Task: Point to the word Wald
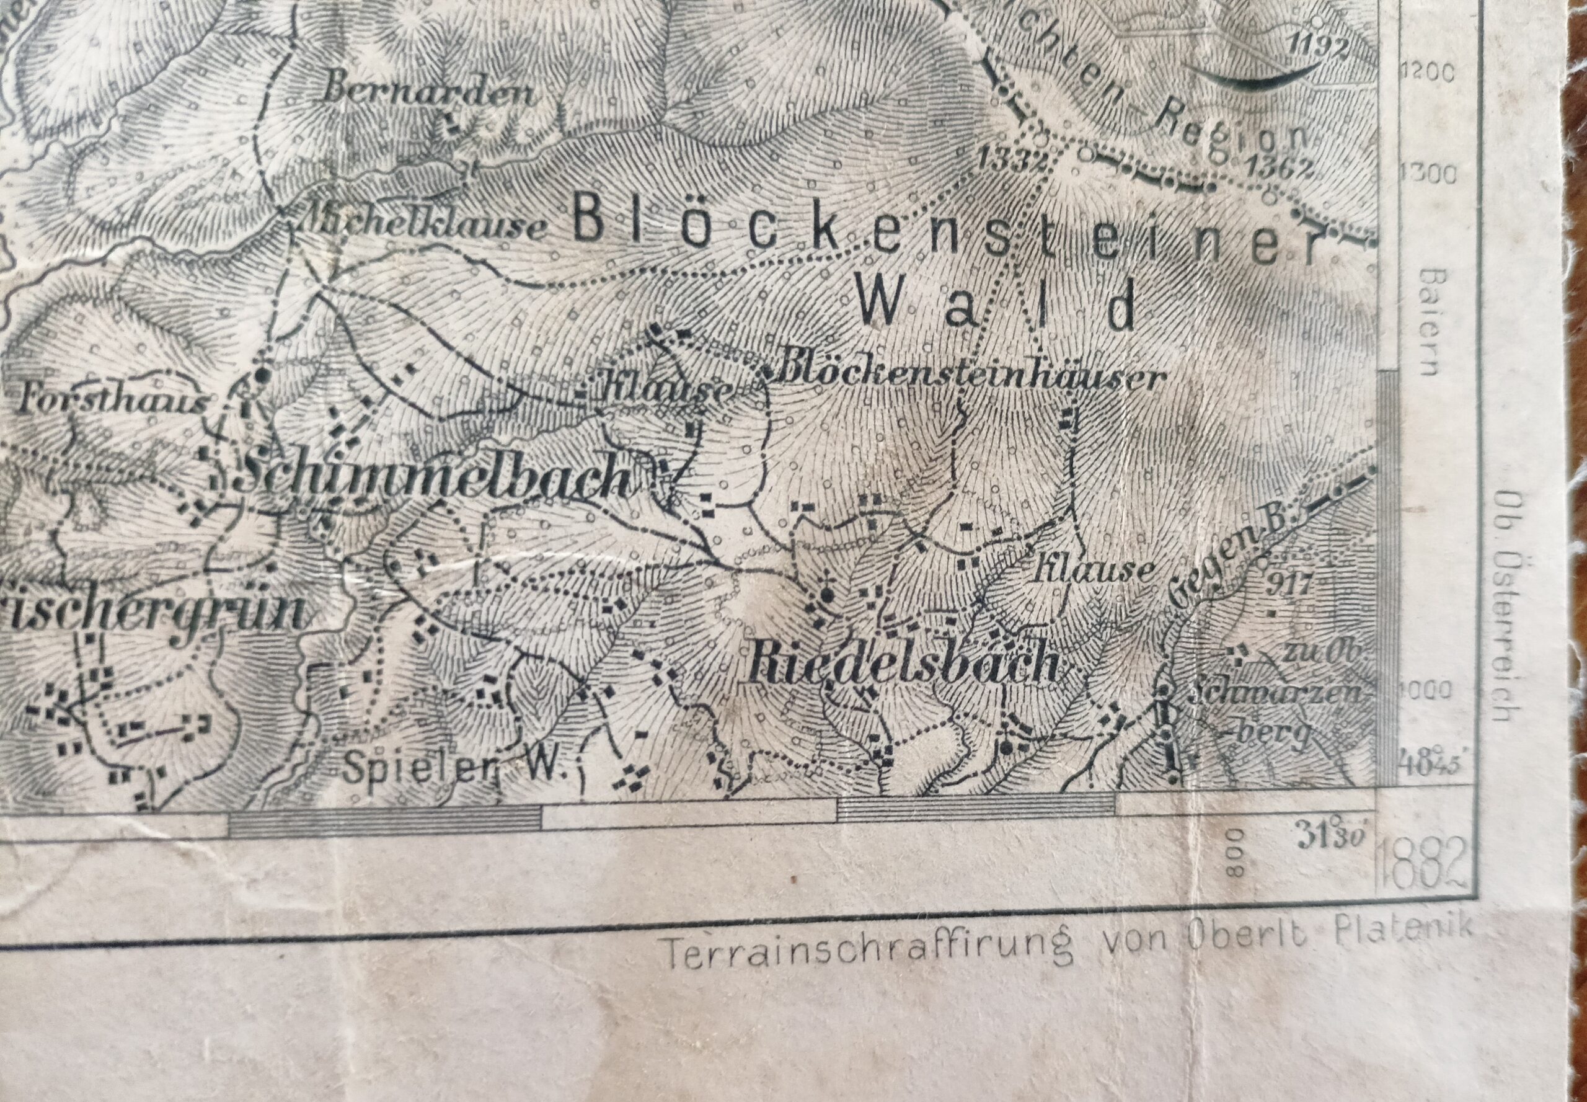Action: (x=996, y=306)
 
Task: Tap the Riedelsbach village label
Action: (x=903, y=664)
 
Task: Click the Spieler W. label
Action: (x=454, y=767)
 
